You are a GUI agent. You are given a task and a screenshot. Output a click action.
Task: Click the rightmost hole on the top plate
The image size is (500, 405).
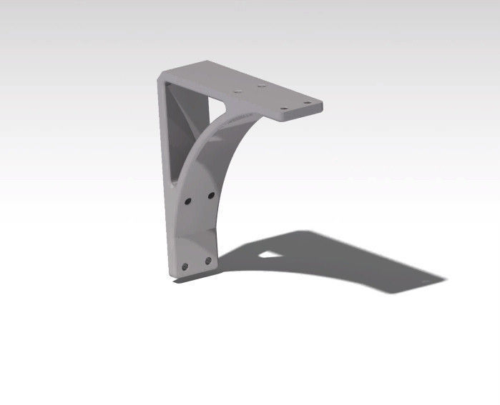click(x=308, y=101)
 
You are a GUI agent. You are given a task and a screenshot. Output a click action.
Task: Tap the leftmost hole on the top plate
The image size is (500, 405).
click(x=238, y=92)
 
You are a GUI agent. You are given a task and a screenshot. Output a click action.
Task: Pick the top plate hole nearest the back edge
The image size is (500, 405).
click(x=263, y=86)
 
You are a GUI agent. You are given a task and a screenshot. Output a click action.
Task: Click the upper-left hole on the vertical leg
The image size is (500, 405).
click(x=187, y=201)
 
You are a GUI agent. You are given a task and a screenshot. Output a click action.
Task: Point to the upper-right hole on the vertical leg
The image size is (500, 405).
click(x=211, y=195)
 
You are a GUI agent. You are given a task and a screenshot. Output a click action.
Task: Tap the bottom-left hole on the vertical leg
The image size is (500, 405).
click(x=185, y=266)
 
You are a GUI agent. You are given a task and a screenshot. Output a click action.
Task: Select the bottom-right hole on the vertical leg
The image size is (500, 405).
click(x=208, y=261)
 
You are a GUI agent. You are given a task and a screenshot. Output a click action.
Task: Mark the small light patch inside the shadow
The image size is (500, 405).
click(x=269, y=252)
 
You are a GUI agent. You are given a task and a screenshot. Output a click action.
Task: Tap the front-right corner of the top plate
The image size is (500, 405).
click(x=321, y=107)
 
